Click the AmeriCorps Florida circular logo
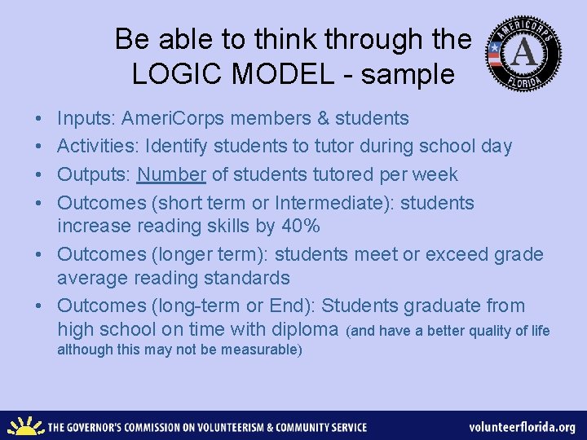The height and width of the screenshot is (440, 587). [x=523, y=54]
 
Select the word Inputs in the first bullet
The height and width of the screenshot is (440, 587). [x=86, y=119]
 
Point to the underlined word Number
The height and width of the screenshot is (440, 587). [x=171, y=174]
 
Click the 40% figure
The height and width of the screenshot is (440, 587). [x=300, y=227]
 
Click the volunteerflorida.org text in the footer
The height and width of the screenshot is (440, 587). [x=522, y=427]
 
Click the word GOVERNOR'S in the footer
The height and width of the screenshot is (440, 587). [x=106, y=427]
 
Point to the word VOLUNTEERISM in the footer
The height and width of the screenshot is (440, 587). [x=228, y=427]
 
